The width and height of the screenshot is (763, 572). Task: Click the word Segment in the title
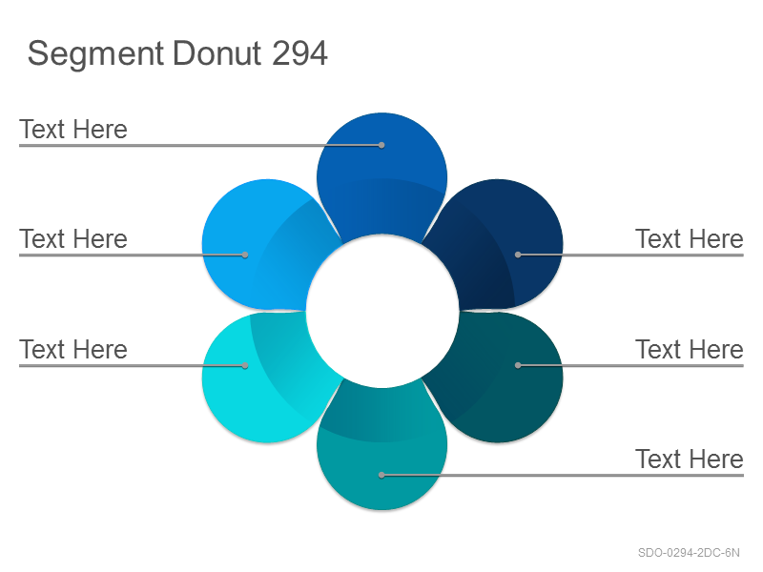[95, 54]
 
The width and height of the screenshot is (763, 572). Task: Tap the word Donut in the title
[217, 53]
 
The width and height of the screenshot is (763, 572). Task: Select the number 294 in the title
[299, 53]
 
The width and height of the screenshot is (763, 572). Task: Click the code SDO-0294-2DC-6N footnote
[689, 553]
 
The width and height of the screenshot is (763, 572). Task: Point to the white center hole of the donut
[382, 312]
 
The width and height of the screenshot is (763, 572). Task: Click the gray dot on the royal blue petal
[381, 145]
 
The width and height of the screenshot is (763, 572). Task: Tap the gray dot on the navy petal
[518, 255]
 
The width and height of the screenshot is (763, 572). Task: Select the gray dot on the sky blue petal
[245, 255]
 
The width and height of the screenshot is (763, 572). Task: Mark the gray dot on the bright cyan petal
[245, 365]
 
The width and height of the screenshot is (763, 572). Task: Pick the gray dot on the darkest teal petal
[518, 365]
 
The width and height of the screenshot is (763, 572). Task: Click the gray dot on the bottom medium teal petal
[381, 475]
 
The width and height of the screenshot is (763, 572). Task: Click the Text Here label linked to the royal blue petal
[73, 130]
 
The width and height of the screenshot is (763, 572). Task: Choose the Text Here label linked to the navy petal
[689, 239]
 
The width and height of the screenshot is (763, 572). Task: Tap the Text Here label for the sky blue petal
[73, 239]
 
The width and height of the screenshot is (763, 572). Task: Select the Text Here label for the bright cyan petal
[73, 349]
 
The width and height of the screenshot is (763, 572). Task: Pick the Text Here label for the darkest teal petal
[689, 349]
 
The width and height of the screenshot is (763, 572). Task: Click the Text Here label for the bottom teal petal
[689, 459]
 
